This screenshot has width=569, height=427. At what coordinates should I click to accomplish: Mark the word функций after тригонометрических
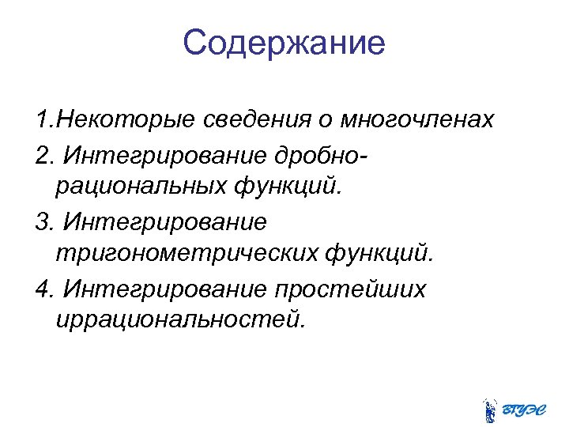pyautogui.click(x=379, y=255)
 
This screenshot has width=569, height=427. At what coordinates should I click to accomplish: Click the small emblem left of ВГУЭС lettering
pyautogui.click(x=490, y=408)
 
